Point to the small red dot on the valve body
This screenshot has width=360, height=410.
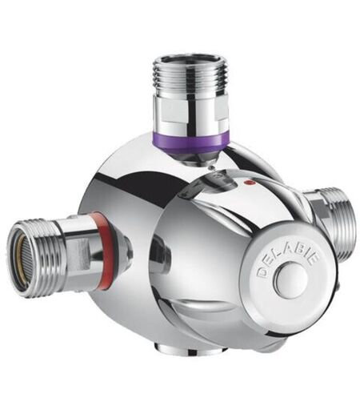(x=250, y=183)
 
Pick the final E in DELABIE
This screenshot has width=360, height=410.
(x=314, y=259)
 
